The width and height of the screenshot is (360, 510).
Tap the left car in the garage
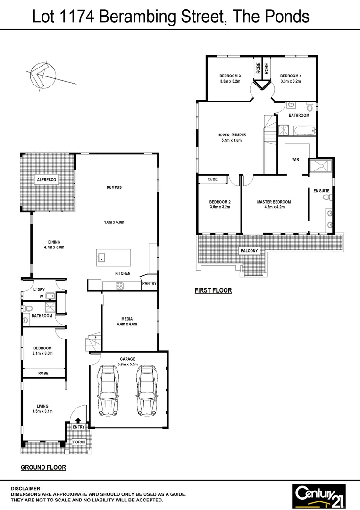108,391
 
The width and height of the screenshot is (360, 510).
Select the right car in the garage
147,391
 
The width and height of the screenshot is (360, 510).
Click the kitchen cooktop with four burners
119,285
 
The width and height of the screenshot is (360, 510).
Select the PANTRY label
149,284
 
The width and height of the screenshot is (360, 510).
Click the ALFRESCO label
47,180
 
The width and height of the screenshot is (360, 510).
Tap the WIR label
296,160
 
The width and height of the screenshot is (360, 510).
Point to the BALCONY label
249,251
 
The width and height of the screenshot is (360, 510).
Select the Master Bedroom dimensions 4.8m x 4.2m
274,207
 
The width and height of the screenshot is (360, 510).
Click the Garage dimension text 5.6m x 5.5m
127,365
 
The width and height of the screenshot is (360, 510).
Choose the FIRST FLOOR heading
213,290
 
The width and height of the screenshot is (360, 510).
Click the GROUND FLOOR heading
43,467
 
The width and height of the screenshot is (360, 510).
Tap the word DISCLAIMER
26,489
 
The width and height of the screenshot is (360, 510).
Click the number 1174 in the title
79,17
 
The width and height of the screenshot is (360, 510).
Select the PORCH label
79,442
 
